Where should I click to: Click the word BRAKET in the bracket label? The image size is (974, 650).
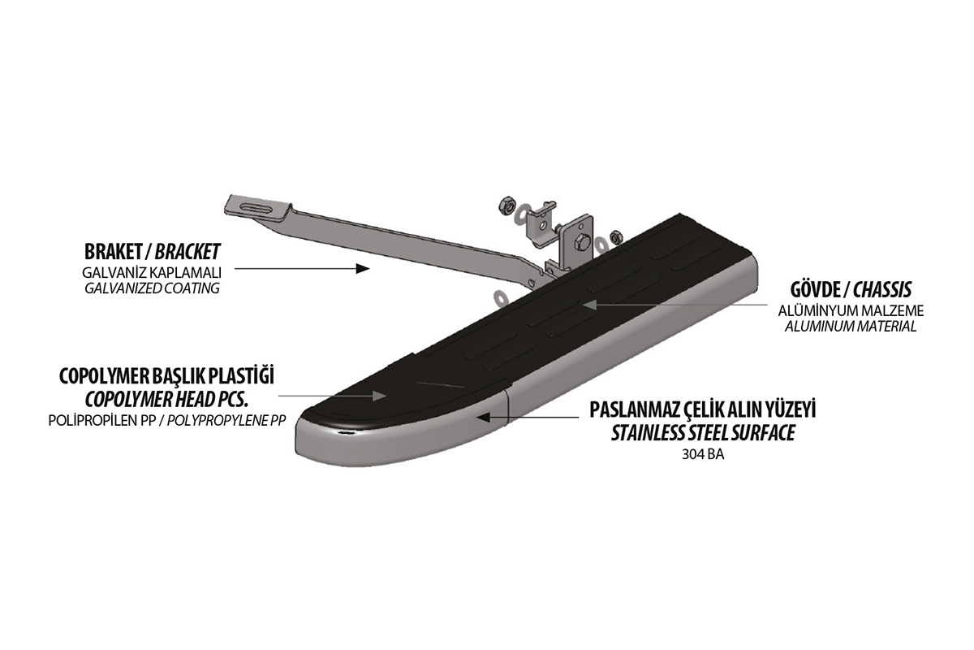[113, 252]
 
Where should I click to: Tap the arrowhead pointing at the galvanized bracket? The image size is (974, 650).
[363, 269]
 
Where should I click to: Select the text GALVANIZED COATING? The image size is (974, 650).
[153, 288]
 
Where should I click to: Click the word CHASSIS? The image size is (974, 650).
[882, 290]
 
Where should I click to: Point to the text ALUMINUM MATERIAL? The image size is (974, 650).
[851, 327]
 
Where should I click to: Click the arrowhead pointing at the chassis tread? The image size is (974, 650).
[589, 305]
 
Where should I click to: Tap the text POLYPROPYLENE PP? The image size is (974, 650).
[226, 421]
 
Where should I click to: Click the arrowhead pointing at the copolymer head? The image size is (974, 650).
[380, 396]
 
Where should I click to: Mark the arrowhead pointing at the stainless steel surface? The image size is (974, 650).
[484, 417]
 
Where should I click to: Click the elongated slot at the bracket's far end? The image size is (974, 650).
[260, 208]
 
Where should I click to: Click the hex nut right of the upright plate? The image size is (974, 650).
[616, 237]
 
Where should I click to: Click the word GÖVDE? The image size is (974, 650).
[814, 289]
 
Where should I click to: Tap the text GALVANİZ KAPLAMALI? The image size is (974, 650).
[152, 273]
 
